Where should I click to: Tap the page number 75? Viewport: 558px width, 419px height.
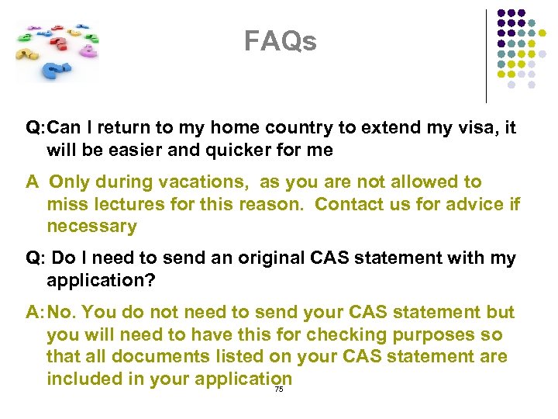[x=279, y=390]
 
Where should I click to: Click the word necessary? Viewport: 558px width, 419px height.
[x=91, y=227]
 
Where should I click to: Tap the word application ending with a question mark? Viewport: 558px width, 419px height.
[x=101, y=281]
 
